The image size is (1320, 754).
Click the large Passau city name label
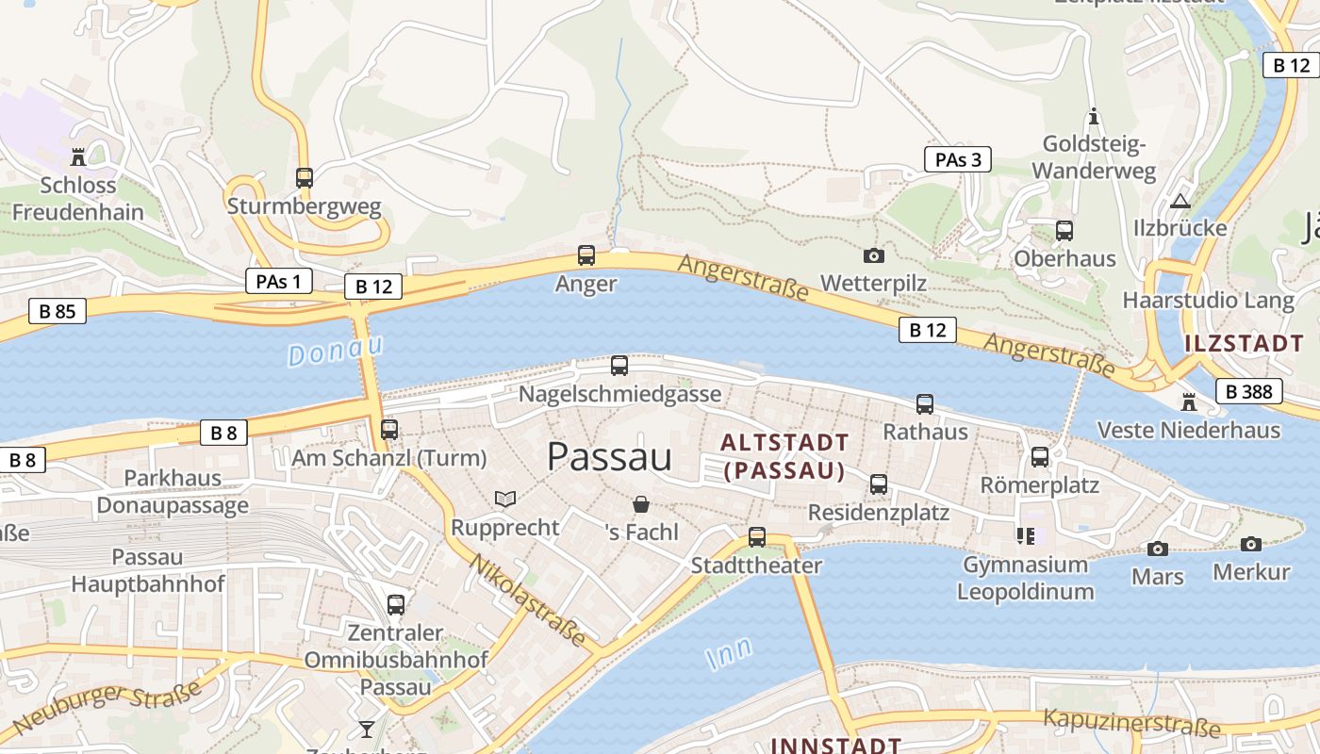[609, 457]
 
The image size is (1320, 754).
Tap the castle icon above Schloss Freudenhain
[78, 156]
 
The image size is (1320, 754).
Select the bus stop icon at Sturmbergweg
[304, 177]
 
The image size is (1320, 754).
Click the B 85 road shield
[58, 311]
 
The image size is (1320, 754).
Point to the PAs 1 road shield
[278, 281]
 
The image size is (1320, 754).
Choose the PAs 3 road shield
[958, 159]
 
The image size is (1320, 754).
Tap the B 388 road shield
[1249, 391]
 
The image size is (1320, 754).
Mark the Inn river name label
[730, 652]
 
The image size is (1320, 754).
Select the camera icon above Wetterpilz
[874, 255]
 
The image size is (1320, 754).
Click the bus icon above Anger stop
[586, 254]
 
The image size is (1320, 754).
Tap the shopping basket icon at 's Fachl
[641, 504]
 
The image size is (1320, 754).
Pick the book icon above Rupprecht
[505, 499]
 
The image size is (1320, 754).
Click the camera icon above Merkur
[1251, 544]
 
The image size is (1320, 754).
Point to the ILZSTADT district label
[1244, 343]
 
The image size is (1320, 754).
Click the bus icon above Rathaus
[925, 404]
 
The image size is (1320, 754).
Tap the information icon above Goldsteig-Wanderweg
[1094, 117]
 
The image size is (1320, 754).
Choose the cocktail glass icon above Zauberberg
[366, 729]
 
